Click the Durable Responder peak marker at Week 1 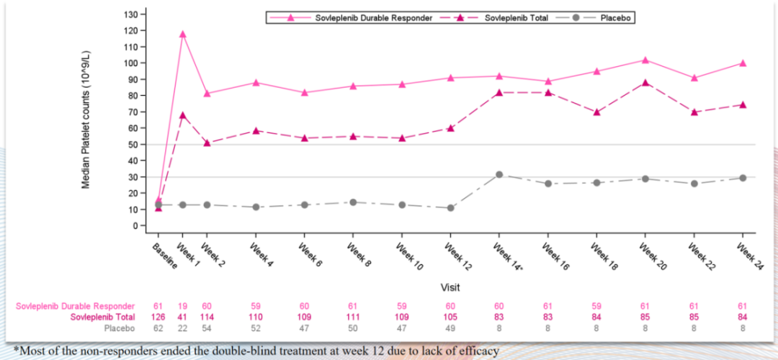(182, 34)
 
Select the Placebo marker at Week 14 (498, 174)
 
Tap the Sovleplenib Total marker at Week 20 (645, 82)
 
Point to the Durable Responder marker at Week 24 (742, 63)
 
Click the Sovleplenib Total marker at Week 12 (450, 128)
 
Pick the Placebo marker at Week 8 (353, 202)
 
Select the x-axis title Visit (450, 287)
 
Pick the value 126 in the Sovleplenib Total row (158, 317)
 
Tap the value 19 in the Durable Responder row (182, 305)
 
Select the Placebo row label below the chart (119, 328)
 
